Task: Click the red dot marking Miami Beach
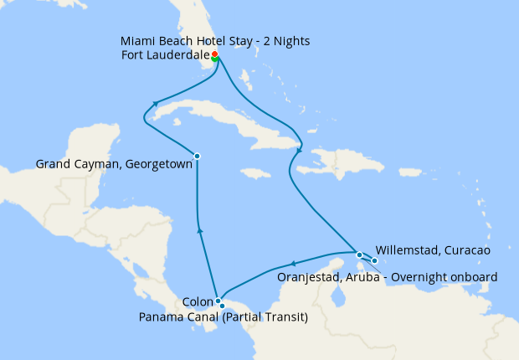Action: tap(215, 54)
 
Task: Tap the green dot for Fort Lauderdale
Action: tap(215, 59)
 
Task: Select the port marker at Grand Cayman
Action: tap(197, 156)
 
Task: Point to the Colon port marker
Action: tap(217, 301)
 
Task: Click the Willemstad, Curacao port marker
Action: tap(375, 260)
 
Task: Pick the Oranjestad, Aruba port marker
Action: tap(359, 255)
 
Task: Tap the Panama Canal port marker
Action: tap(222, 306)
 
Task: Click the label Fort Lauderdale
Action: tap(164, 56)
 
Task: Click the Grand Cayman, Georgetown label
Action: tap(114, 165)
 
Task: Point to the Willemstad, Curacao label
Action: tap(433, 249)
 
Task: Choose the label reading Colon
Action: tap(197, 302)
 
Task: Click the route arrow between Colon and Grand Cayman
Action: tap(199, 229)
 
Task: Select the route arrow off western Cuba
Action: tap(155, 105)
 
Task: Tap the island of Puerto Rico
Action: tap(408, 175)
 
